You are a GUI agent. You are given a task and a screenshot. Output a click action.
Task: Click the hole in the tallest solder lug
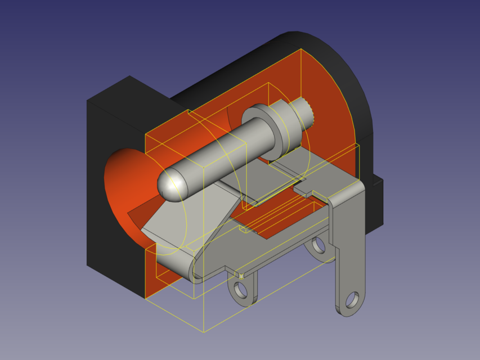pos(352,299)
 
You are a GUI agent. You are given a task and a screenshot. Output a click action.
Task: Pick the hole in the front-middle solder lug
pos(240,290)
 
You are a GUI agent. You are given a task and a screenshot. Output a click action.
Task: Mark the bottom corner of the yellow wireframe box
pos(204,331)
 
